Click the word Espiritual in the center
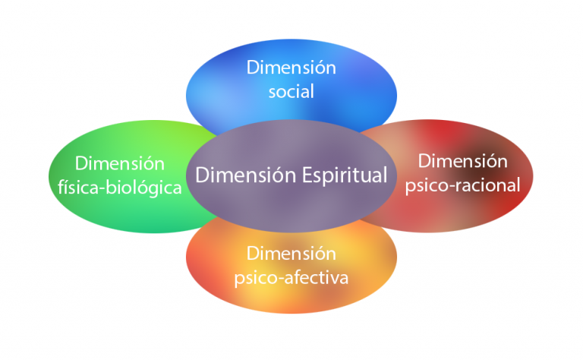tap(343, 175)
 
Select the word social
tap(291, 91)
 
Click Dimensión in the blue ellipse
tap(291, 67)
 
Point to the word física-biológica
tap(119, 187)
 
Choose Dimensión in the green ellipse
tap(120, 163)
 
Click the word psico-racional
tap(463, 185)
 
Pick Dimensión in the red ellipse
tap(463, 160)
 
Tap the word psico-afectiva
tap(291, 277)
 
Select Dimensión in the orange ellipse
tap(291, 253)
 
